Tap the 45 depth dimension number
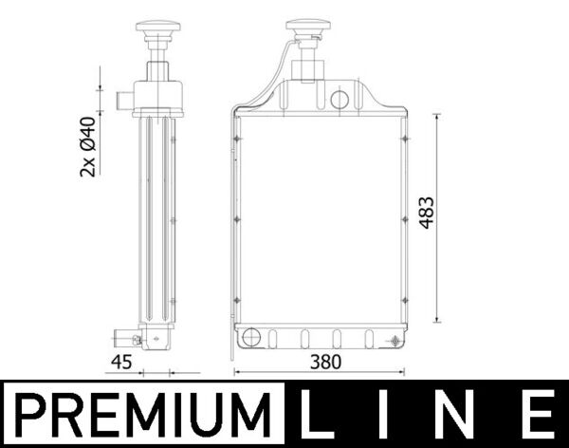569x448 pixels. tap(121, 362)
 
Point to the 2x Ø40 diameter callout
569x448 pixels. tap(87, 146)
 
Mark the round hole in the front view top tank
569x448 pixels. tap(340, 98)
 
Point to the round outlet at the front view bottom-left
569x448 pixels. tap(250, 337)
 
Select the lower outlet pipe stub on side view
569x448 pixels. tap(123, 337)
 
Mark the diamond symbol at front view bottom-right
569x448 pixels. tap(394, 339)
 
